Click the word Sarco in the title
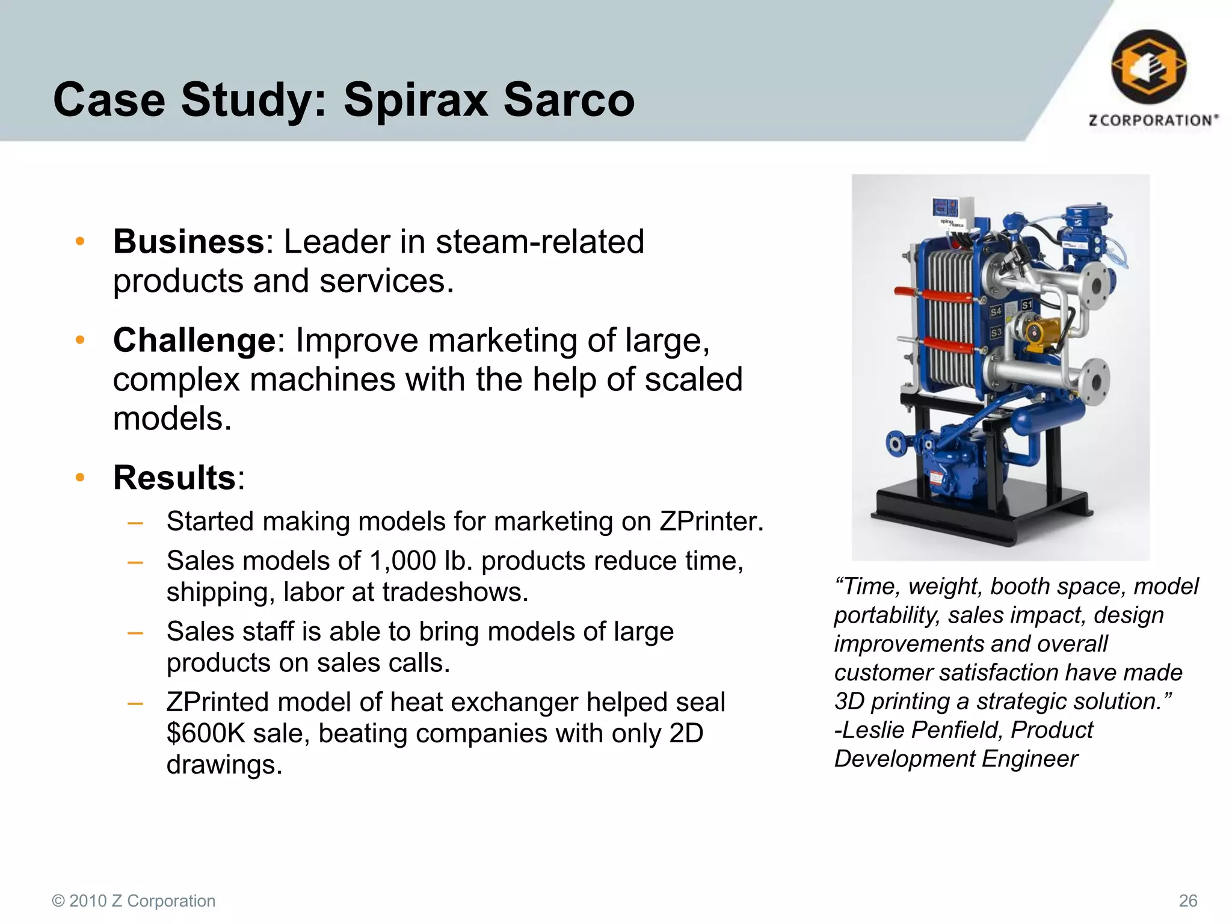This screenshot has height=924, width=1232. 568,99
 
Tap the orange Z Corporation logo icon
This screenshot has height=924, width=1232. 1148,67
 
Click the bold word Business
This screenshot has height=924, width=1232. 188,242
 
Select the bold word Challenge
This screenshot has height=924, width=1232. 194,340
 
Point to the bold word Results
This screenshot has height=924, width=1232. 174,478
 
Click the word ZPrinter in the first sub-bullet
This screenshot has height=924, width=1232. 710,522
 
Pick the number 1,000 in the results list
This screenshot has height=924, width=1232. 402,561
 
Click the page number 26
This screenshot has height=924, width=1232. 1187,901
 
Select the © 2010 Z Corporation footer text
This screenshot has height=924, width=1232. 134,901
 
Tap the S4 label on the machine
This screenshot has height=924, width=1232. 996,312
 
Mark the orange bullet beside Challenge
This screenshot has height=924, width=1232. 80,340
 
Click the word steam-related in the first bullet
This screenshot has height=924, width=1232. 540,242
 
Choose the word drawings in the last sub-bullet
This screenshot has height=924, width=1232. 224,765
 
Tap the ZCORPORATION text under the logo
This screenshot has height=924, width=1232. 1153,120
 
